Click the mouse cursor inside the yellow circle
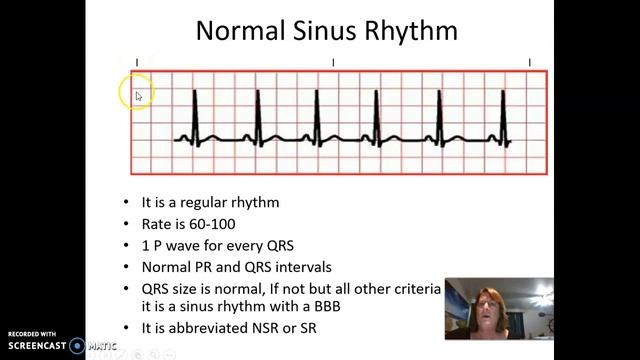pos(138,96)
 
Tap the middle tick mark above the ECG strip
pos(333,63)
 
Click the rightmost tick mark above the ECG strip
pos(530,63)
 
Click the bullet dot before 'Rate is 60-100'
pos(126,225)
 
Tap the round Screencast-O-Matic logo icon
pos(77,346)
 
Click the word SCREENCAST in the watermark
pos(35,346)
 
